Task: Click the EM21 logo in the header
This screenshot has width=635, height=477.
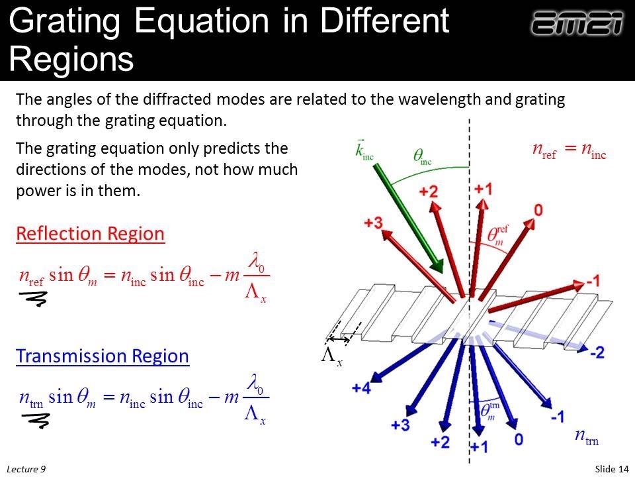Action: click(x=577, y=25)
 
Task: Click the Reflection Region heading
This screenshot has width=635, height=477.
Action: click(x=90, y=234)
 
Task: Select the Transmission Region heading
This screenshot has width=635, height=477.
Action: click(x=103, y=356)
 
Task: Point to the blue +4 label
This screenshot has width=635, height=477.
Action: click(x=360, y=389)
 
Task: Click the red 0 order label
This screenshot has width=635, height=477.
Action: click(x=538, y=211)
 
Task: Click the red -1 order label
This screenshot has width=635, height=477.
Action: click(x=592, y=282)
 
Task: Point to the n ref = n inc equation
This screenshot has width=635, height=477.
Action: click(x=569, y=150)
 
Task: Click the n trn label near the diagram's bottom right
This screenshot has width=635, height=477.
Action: click(x=586, y=436)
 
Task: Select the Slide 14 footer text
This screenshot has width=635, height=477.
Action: click(x=611, y=469)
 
